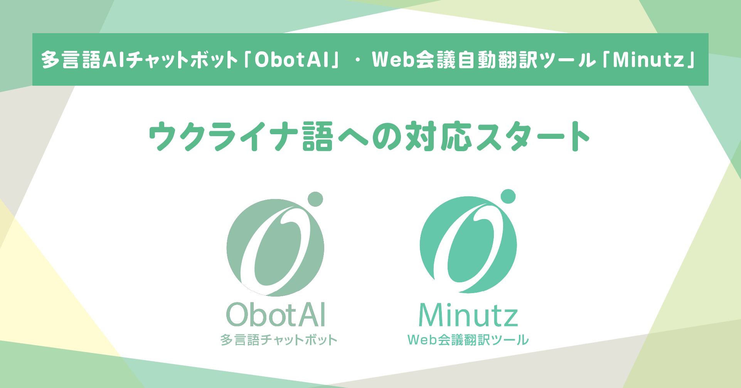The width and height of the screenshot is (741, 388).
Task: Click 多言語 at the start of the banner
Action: (x=71, y=60)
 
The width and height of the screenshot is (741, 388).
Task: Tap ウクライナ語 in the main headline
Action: (x=241, y=136)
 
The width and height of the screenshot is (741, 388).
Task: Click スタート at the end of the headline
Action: (x=532, y=136)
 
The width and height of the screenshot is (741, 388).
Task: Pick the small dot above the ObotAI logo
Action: (x=315, y=199)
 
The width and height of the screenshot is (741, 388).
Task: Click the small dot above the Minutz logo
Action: (x=508, y=197)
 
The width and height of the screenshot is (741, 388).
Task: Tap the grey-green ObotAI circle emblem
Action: (x=275, y=248)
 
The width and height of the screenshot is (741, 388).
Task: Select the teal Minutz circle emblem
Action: (x=468, y=245)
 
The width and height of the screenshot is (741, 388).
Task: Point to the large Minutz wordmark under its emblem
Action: (x=468, y=315)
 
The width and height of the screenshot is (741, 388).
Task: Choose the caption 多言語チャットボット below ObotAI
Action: (x=279, y=340)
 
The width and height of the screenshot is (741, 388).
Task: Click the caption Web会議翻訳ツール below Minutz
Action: (x=468, y=340)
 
